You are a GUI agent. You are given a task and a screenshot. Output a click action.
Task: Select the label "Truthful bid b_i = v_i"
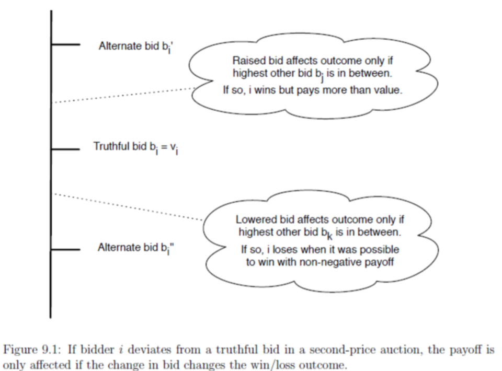[136, 147]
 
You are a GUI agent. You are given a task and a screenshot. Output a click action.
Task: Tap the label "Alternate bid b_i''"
[136, 248]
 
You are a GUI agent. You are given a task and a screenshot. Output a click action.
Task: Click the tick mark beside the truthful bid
[65, 149]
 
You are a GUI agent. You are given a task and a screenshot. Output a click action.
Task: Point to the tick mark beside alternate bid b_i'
[65, 45]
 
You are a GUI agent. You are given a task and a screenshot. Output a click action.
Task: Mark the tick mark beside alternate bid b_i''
[65, 250]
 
